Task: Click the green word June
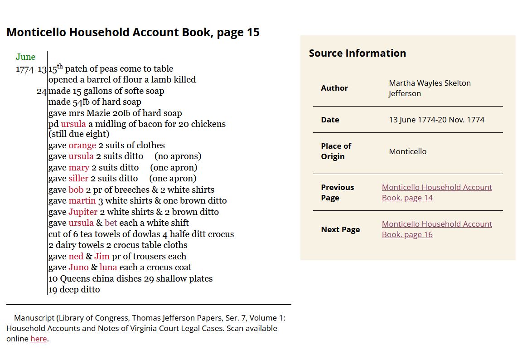(x=25, y=57)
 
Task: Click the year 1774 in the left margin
(x=24, y=69)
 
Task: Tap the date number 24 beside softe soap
(x=42, y=91)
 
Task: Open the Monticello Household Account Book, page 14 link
(x=436, y=192)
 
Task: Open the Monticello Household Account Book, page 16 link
(x=436, y=229)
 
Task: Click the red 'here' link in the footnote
(x=39, y=339)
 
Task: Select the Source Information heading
(x=357, y=53)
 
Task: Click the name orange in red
(x=82, y=146)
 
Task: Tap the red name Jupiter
(x=83, y=212)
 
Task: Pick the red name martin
(x=82, y=201)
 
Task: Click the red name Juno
(x=78, y=268)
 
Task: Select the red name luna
(x=108, y=268)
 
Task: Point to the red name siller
(x=78, y=179)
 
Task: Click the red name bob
(x=76, y=190)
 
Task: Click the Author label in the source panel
(x=334, y=88)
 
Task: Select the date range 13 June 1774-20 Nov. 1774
(x=436, y=120)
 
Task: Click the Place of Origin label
(x=336, y=151)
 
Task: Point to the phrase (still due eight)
(x=79, y=134)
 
